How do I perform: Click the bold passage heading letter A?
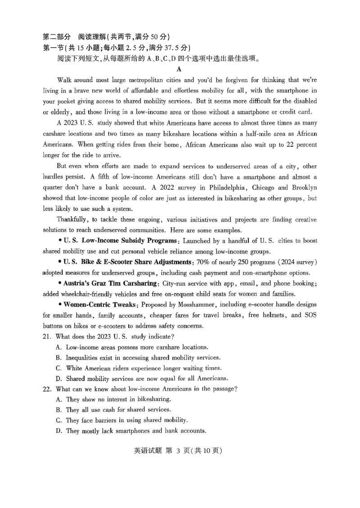[x=179, y=69]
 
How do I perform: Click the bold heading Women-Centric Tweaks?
[x=99, y=304]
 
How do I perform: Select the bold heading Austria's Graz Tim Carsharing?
[x=111, y=283]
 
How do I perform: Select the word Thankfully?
[x=72, y=219]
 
